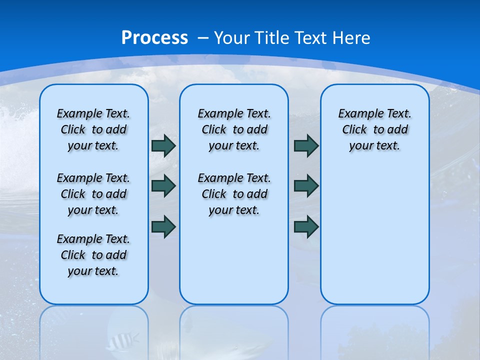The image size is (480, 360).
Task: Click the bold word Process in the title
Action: pyautogui.click(x=154, y=38)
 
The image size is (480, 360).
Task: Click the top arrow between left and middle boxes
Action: pyautogui.click(x=163, y=146)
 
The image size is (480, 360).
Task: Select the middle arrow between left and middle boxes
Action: pyautogui.click(x=163, y=186)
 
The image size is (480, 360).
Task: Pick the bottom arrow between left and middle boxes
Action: pyautogui.click(x=163, y=226)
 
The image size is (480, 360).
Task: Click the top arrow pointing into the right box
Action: pyautogui.click(x=306, y=146)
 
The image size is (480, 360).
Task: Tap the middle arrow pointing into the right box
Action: pyautogui.click(x=306, y=186)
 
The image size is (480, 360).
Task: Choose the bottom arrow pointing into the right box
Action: pyautogui.click(x=306, y=226)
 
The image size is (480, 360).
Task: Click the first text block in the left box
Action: pyautogui.click(x=93, y=129)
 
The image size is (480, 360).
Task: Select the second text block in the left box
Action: pyautogui.click(x=93, y=194)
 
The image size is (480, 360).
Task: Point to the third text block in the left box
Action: pyautogui.click(x=93, y=255)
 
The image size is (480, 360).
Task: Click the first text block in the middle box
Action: pyautogui.click(x=234, y=129)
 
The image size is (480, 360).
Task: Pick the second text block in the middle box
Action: pyautogui.click(x=234, y=194)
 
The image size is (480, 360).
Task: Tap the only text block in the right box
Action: pyautogui.click(x=374, y=129)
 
